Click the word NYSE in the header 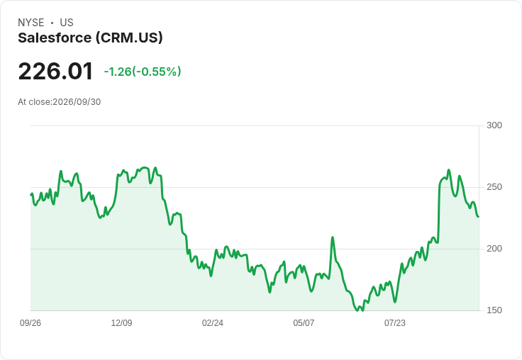(x=31, y=23)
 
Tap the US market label (x=67, y=23)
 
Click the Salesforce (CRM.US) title (x=90, y=38)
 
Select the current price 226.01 (x=55, y=71)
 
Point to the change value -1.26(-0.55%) (x=143, y=72)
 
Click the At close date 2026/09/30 (x=77, y=102)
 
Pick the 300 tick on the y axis (x=494, y=125)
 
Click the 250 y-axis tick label (x=494, y=187)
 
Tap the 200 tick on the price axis (x=494, y=249)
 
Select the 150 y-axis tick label (x=494, y=310)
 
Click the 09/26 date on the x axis (x=30, y=323)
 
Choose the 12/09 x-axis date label (x=121, y=323)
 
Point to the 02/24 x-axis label (x=212, y=323)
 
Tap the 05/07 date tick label (x=304, y=323)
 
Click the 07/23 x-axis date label (x=395, y=323)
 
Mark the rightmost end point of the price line (x=479, y=217)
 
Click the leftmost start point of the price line (x=31, y=195)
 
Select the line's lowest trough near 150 (x=358, y=311)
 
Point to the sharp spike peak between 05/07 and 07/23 (x=332, y=237)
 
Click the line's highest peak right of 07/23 (x=449, y=170)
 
